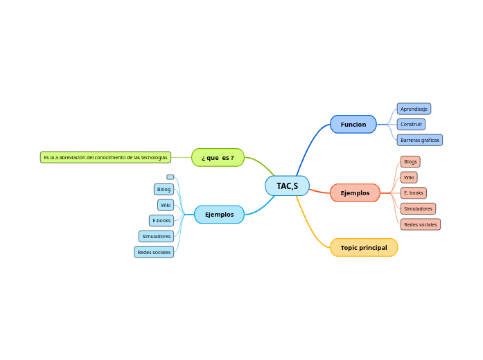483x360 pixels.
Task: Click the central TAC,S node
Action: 287,186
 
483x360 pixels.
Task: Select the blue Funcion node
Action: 353,124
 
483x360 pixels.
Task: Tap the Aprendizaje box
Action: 414,109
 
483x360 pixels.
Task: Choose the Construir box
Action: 411,124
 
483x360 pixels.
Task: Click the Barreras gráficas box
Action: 419,140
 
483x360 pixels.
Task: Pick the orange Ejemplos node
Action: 355,192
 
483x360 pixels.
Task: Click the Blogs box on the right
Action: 410,161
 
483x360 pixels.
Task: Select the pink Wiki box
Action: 409,177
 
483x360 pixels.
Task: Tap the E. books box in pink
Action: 413,192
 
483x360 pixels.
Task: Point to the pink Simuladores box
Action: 418,208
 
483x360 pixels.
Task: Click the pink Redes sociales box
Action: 420,224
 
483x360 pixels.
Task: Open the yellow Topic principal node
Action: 364,247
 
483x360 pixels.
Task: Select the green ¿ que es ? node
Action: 218,157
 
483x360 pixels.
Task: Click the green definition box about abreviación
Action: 105,157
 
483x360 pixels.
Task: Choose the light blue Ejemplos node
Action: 219,215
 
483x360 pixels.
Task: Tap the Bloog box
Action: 164,189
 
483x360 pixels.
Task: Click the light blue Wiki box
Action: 165,205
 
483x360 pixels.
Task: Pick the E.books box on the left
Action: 161,220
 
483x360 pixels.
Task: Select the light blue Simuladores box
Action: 156,236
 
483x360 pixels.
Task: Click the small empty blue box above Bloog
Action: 170,177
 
